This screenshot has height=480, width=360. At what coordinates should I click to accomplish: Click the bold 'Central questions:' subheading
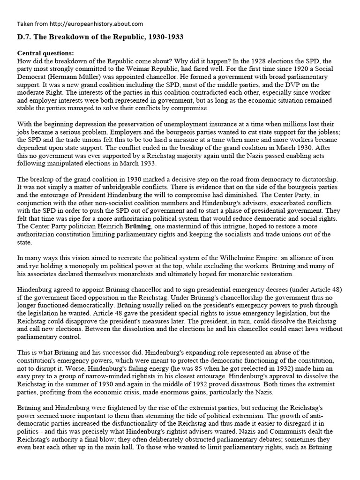click(45, 53)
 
